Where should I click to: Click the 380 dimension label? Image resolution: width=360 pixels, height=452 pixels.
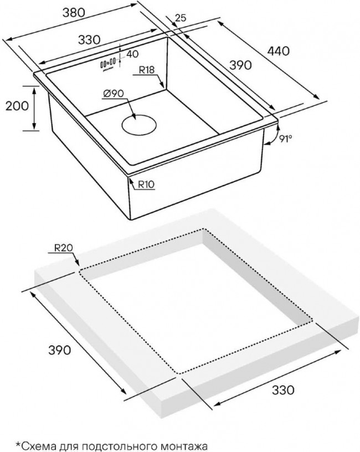coord(74,12)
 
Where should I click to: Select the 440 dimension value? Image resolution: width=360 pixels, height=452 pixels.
coord(278,52)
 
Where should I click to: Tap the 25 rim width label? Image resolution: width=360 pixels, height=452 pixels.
coord(181,18)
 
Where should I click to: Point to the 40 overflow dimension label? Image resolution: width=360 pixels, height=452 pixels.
coord(132,54)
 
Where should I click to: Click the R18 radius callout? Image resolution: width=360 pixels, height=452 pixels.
coord(147,70)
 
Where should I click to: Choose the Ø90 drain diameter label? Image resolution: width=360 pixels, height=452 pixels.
coord(114,94)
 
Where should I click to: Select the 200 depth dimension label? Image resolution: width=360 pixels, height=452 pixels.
coord(17,106)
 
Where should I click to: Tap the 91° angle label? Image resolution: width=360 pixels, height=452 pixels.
coord(286,138)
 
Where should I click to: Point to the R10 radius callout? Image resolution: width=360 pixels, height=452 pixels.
coord(146,184)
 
